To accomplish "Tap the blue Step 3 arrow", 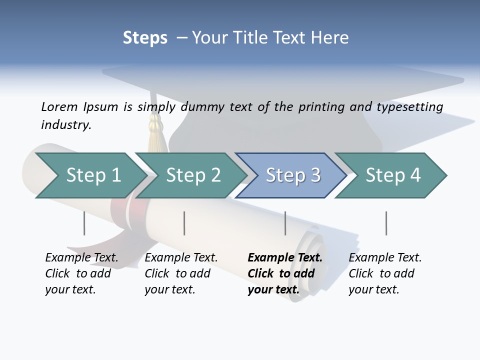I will coord(291,175).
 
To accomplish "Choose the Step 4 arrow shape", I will coord(391,175).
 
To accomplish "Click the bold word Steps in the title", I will coord(145,38).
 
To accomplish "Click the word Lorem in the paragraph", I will coord(59,106).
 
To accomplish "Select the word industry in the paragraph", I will coord(65,125).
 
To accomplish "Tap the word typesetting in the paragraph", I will coord(411,106).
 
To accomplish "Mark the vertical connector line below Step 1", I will coord(84,223).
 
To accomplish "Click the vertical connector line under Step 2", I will coord(184,223).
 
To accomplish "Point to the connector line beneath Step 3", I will coord(285,223).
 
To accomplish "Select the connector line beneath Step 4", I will coord(386,223).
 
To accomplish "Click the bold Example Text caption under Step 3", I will coord(284,273).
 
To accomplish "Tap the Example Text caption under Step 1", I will coord(81,273).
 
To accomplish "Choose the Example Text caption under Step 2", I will coord(180,273).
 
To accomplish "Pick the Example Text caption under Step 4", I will coord(384,273).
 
